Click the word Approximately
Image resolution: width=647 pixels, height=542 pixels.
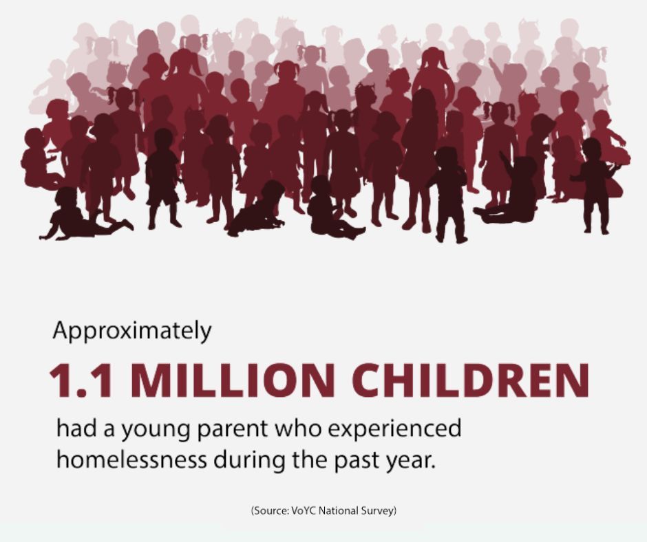[132, 332]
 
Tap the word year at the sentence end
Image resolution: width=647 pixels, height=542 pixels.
[415, 459]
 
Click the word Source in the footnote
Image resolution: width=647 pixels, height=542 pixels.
[269, 510]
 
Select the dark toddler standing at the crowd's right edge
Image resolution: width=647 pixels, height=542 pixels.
[593, 186]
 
